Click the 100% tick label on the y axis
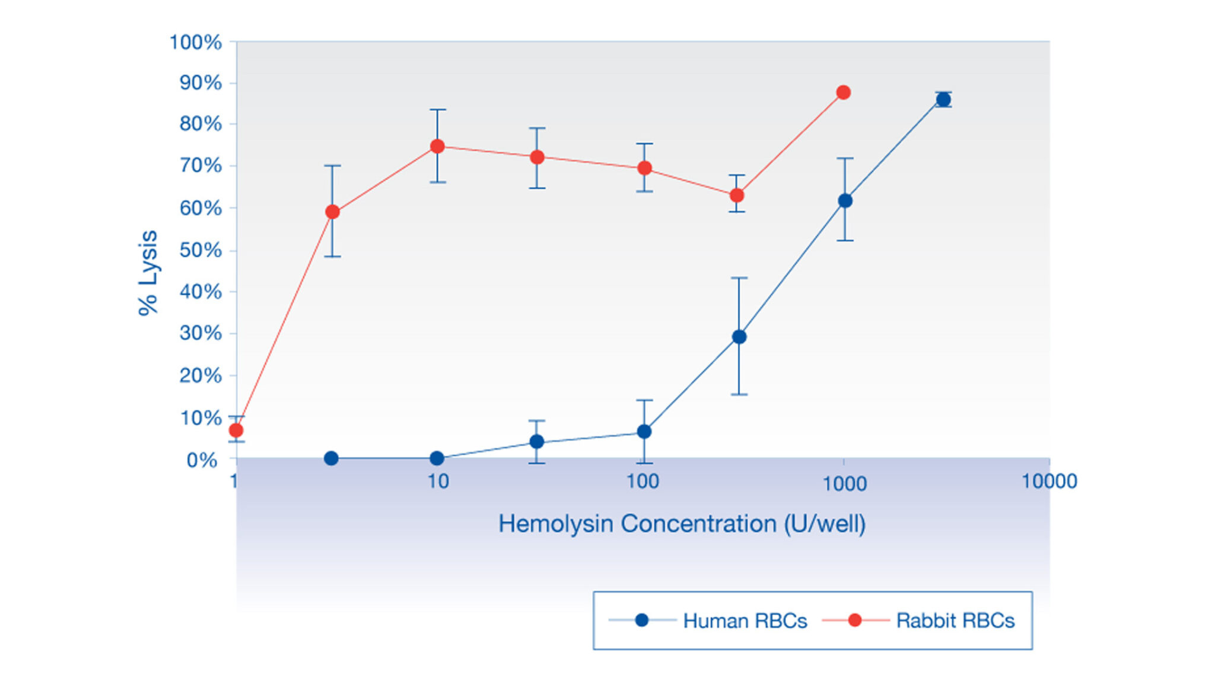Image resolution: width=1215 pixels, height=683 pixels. click(x=195, y=43)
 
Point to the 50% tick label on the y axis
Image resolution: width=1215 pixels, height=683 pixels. click(x=201, y=250)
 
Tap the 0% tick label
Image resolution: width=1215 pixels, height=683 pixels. click(x=202, y=460)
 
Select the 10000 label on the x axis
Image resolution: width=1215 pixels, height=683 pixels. click(x=1049, y=481)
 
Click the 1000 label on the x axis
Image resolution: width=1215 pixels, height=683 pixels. click(x=844, y=484)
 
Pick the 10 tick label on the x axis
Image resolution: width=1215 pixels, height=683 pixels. click(x=438, y=481)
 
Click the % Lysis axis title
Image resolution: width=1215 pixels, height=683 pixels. click(x=148, y=273)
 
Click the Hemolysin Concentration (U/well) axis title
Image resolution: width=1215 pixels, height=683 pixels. click(x=682, y=524)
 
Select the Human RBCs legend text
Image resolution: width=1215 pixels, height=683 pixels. click(x=745, y=621)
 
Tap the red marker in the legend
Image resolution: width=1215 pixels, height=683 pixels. click(x=855, y=620)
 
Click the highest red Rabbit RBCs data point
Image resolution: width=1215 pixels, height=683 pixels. click(x=843, y=92)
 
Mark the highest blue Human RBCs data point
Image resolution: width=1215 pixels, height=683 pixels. click(x=943, y=100)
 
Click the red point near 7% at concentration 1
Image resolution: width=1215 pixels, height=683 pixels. click(x=236, y=430)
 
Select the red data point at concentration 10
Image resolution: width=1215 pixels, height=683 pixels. click(x=437, y=146)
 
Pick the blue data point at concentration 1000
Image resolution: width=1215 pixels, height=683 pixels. click(x=845, y=201)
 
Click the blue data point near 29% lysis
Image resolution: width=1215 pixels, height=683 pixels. click(x=739, y=337)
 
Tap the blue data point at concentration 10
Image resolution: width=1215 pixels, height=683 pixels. click(x=437, y=458)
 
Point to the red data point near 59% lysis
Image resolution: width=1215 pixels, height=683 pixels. click(x=333, y=212)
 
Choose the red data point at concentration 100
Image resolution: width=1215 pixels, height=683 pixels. click(x=644, y=168)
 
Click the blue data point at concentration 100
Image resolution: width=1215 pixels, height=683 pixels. click(x=644, y=432)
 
